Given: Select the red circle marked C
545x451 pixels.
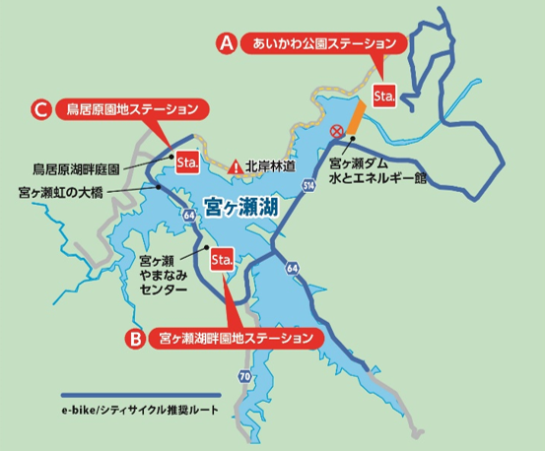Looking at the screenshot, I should tap(41, 108).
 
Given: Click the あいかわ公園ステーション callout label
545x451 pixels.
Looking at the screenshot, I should tap(324, 43).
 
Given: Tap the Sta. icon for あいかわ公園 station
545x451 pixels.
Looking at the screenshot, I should tap(384, 95).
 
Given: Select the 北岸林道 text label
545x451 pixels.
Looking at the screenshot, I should tap(270, 167).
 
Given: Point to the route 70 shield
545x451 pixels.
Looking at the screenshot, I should tap(244, 377).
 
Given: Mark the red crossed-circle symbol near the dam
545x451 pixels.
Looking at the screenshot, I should tap(337, 130).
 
